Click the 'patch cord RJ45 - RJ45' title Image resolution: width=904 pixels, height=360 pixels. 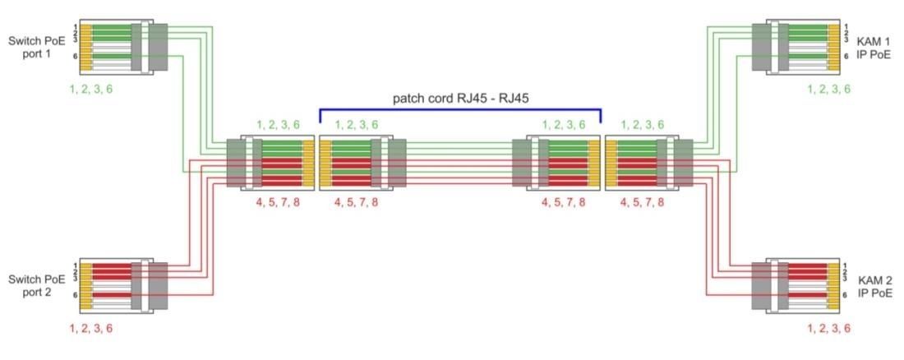coord(461,99)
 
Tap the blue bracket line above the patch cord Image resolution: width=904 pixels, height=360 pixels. coord(460,109)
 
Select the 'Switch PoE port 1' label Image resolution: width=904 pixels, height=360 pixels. coord(35,47)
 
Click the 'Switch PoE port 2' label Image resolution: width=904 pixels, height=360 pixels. coord(35,285)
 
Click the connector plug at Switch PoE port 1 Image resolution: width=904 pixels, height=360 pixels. coord(123,47)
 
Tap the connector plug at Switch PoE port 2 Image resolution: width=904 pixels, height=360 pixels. coord(123,285)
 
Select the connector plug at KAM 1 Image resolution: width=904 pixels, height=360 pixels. coord(796,47)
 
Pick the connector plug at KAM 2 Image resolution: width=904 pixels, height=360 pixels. coord(796,285)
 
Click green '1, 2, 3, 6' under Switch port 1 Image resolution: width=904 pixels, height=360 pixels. coord(90,89)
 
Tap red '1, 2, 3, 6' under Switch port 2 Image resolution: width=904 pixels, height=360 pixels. coord(90,328)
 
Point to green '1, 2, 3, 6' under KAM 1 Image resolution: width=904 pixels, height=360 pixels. coord(828,89)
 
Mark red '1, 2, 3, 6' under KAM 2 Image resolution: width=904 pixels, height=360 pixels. coord(828,328)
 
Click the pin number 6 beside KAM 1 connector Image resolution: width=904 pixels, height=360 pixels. coord(846,57)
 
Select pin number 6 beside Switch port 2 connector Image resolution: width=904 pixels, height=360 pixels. coord(75,295)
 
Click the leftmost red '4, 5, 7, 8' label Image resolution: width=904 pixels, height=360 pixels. coord(277,202)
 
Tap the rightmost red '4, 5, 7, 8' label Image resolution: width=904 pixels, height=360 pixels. coord(642,202)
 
